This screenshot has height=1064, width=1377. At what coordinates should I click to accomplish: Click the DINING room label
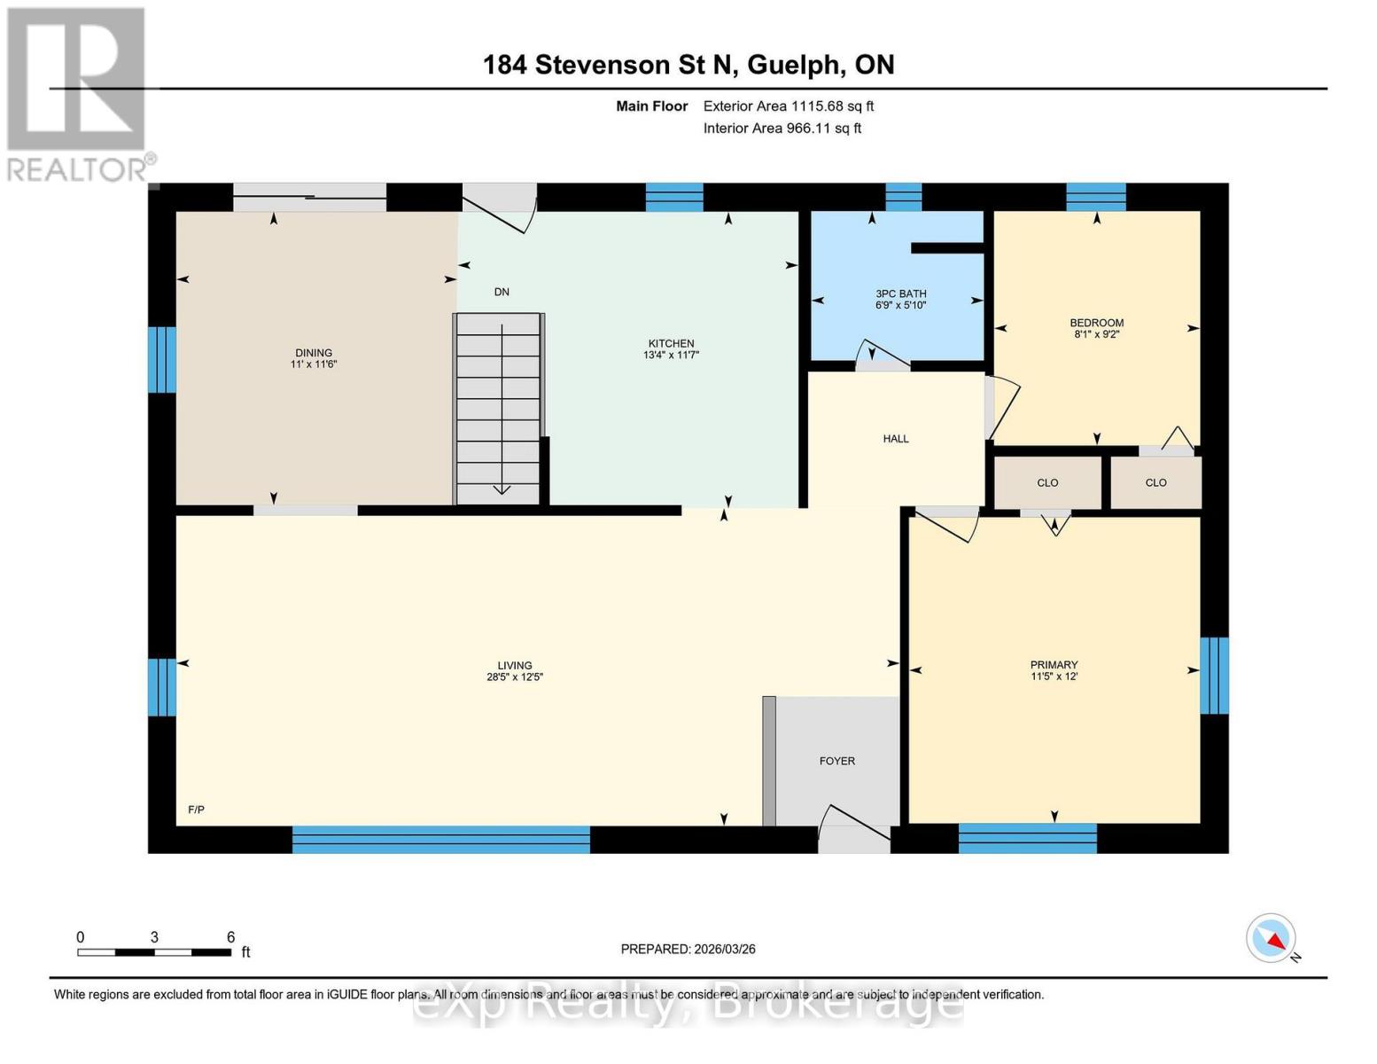tap(314, 353)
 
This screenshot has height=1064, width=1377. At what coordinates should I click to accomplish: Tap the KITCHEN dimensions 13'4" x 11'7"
tap(671, 356)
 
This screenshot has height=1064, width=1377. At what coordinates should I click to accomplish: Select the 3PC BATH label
tap(900, 293)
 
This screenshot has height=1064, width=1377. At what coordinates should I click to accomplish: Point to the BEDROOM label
tap(1096, 323)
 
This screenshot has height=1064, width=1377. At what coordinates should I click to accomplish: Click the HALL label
tap(895, 439)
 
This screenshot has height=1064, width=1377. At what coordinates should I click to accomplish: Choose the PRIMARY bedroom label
tap(1054, 665)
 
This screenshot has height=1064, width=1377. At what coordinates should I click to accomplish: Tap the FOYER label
tap(836, 761)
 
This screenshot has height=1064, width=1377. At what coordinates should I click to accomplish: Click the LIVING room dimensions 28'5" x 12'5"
tap(514, 677)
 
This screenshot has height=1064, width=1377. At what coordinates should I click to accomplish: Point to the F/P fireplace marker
tap(196, 810)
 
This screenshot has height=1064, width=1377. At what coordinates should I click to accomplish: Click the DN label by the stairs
tap(502, 292)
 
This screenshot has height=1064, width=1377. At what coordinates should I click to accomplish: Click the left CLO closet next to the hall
tap(1047, 483)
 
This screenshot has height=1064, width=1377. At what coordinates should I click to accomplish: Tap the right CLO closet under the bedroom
tap(1155, 483)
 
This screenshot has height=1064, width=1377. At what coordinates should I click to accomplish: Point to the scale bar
tap(154, 952)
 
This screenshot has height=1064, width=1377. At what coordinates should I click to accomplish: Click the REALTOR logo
tap(77, 93)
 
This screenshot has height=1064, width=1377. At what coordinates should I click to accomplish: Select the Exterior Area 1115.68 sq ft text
tap(788, 106)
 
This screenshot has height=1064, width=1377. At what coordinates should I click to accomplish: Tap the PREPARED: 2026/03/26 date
tap(688, 949)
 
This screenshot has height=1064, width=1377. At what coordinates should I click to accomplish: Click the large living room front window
tap(440, 839)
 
